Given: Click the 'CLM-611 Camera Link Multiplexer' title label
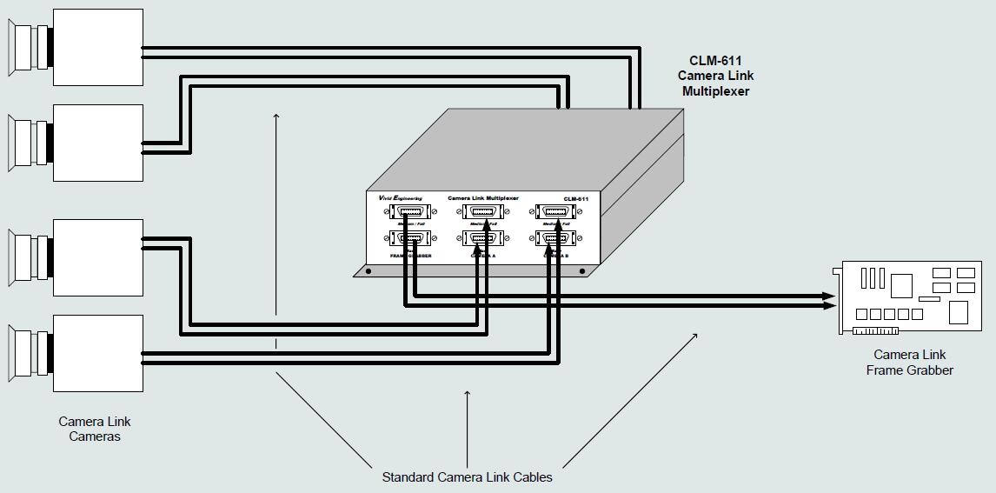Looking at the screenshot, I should [715, 77].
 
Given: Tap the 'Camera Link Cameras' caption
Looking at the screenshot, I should [95, 429].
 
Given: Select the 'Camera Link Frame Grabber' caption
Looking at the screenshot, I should [909, 363].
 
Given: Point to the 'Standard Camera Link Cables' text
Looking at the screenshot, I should [467, 476].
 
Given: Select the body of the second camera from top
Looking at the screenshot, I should [98, 143].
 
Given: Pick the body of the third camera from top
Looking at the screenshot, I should [98, 257].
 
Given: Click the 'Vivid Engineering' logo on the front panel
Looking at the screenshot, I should [401, 198].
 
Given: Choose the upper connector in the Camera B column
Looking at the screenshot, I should [554, 211].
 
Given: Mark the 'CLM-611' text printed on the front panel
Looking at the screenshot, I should [575, 199].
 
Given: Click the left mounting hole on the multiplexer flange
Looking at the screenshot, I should [369, 271].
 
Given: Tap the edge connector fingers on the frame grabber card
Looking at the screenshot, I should [875, 330].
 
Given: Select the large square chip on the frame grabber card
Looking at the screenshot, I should [901, 284].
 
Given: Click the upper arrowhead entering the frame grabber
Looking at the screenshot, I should [830, 296].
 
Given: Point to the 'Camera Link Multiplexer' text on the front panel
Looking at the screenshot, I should [482, 198].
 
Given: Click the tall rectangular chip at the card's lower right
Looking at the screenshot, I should [958, 312].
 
